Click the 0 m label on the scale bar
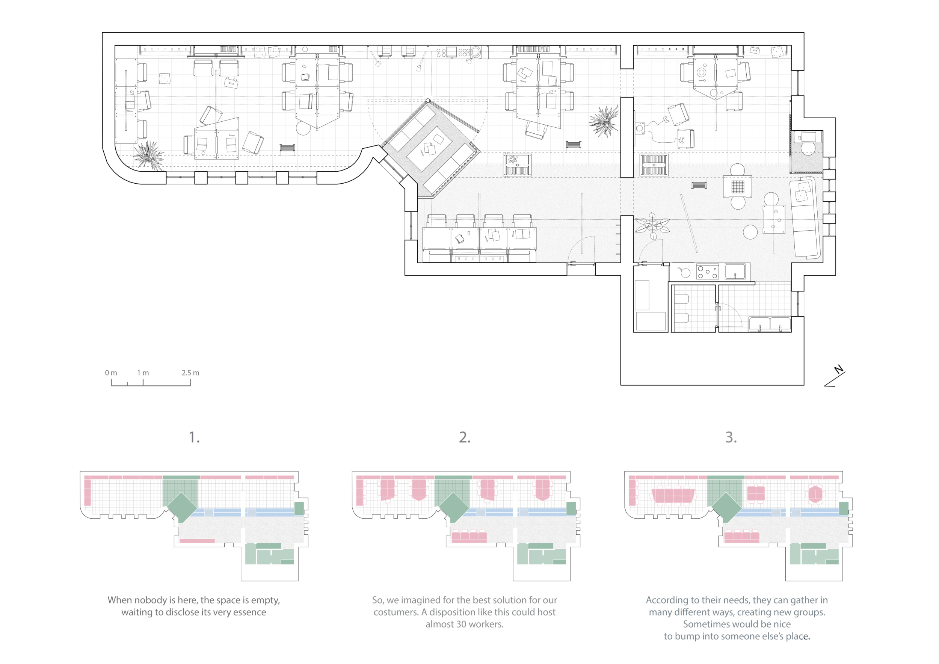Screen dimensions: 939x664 pyautogui.click(x=111, y=373)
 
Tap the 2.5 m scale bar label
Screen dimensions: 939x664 pyautogui.click(x=190, y=373)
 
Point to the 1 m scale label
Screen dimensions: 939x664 pyautogui.click(x=143, y=373)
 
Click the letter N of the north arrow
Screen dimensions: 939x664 pyautogui.click(x=839, y=370)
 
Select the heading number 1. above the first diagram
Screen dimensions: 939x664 pyautogui.click(x=194, y=438)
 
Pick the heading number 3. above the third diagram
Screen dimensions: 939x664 pyautogui.click(x=731, y=438)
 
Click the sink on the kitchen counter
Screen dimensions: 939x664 pyautogui.click(x=735, y=272)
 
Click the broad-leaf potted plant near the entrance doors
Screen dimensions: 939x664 pyautogui.click(x=652, y=226)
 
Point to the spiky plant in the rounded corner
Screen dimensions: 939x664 pyautogui.click(x=149, y=155)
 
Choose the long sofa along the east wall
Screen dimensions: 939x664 pyautogui.click(x=805, y=218)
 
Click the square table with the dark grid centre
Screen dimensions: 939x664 pyautogui.click(x=737, y=186)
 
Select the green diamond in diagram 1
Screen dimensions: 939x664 pyautogui.click(x=182, y=507)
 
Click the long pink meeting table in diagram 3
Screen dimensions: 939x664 pyautogui.click(x=673, y=496)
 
